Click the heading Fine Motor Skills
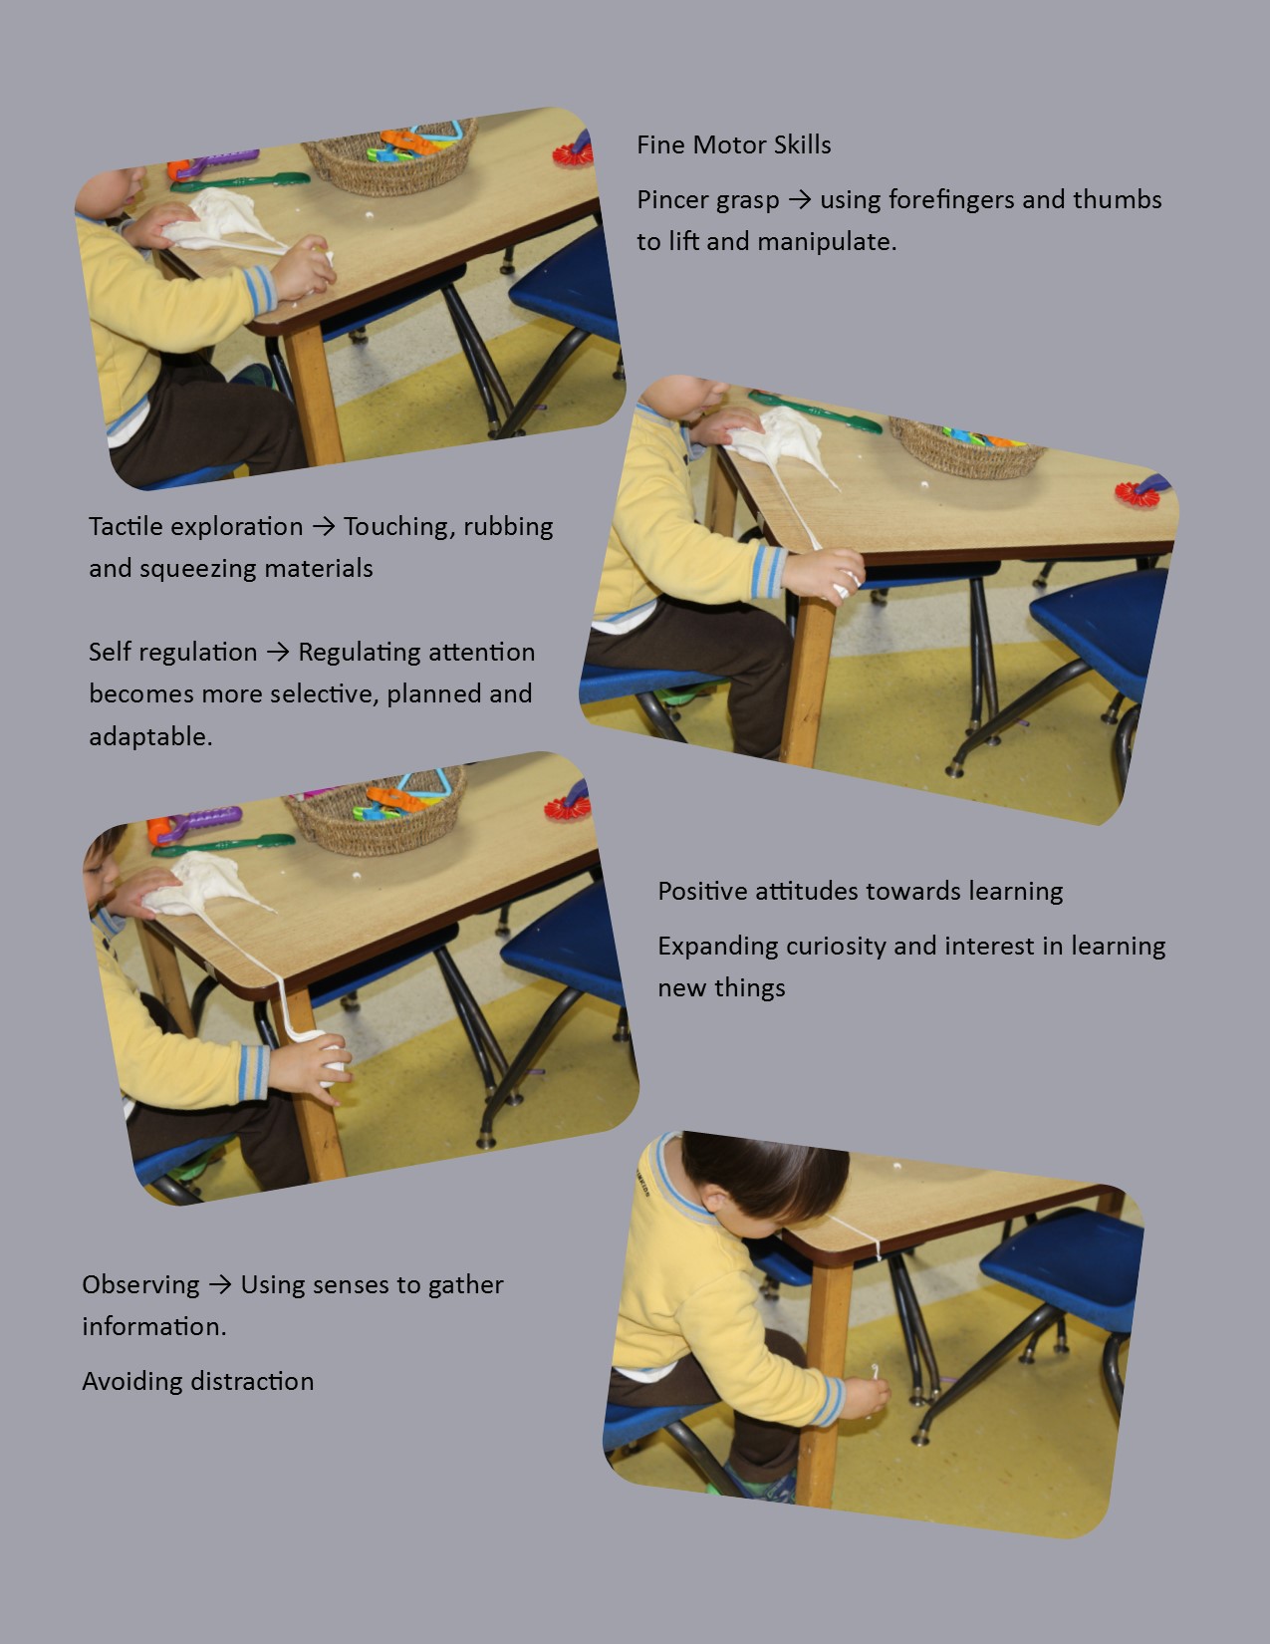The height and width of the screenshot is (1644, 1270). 734,144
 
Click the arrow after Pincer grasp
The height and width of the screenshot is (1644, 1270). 800,199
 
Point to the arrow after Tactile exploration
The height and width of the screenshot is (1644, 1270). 323,526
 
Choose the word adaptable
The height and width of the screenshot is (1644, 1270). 150,736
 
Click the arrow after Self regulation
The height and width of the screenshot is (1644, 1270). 278,653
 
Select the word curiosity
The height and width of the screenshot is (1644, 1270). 836,947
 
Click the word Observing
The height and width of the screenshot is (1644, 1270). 140,1285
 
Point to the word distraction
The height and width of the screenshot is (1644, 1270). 252,1382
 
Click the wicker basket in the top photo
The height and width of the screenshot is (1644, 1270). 391,155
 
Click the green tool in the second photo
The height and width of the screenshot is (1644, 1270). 814,411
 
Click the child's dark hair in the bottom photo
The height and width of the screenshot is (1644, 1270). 765,1173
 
